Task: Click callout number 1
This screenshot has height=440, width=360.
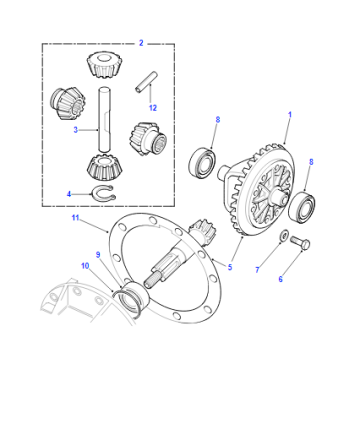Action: (x=290, y=115)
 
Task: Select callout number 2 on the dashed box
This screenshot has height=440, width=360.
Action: (x=141, y=43)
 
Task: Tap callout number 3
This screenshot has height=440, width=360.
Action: (x=76, y=130)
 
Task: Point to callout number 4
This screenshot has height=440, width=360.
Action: (x=69, y=194)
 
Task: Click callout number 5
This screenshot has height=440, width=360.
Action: (x=230, y=267)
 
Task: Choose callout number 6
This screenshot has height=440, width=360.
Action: (x=280, y=279)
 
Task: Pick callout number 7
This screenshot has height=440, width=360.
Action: (x=257, y=270)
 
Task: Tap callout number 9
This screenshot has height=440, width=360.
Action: (x=98, y=255)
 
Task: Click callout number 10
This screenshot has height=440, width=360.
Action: (x=85, y=266)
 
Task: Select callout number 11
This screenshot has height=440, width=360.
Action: (x=75, y=218)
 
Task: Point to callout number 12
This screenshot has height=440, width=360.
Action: (x=153, y=108)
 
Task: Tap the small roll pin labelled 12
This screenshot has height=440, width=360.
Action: (x=146, y=82)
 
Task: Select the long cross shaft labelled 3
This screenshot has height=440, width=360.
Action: (x=104, y=120)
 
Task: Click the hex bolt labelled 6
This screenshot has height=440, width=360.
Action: (x=300, y=242)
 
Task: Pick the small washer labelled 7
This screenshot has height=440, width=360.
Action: (x=284, y=235)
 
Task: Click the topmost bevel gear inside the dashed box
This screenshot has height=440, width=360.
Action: (x=104, y=65)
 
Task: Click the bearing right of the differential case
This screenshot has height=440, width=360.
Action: (x=302, y=207)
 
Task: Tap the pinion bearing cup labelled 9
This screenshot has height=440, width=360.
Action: (x=134, y=296)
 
